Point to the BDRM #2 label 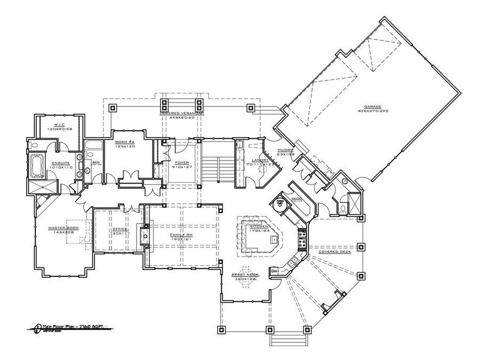coord(126,142)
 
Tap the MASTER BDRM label coord(63,228)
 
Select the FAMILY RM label coord(181,235)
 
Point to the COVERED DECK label coord(335,252)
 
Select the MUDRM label coord(285,150)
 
